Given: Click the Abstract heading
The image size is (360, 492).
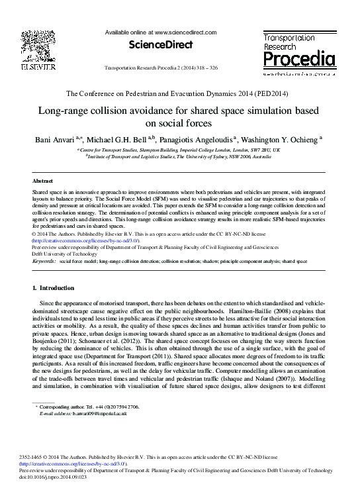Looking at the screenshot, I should click(x=43, y=180).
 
